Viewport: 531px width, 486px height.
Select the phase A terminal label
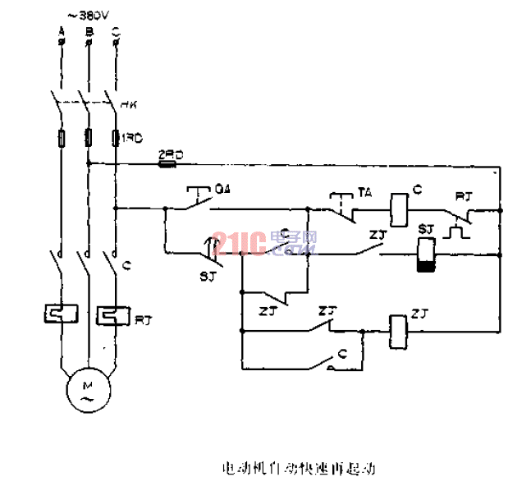point(62,32)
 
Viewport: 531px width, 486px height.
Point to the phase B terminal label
point(88,32)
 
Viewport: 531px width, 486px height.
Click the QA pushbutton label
point(222,189)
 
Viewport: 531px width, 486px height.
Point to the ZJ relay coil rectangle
point(399,328)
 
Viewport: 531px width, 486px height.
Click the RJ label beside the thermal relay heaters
point(143,317)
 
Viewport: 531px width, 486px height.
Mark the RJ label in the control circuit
point(464,196)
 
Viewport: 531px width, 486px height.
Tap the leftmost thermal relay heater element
point(60,314)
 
